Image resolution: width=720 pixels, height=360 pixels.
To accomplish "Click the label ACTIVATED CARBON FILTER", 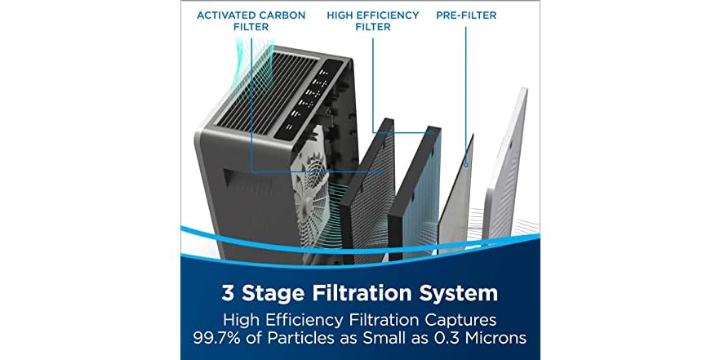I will (251, 21).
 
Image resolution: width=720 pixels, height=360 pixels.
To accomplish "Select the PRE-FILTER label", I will (466, 16).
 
